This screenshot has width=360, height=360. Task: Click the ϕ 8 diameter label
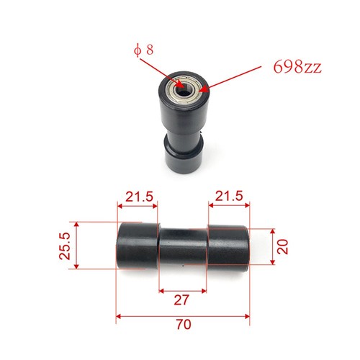143,50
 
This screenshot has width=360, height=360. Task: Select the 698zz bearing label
297,66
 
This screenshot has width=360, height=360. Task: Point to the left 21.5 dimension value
140,197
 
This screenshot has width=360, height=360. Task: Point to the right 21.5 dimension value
229,196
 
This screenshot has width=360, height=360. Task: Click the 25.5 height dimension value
65,246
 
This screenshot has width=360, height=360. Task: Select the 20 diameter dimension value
282,247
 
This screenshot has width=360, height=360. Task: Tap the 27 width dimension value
181,300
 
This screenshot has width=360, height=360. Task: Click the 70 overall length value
184,325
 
